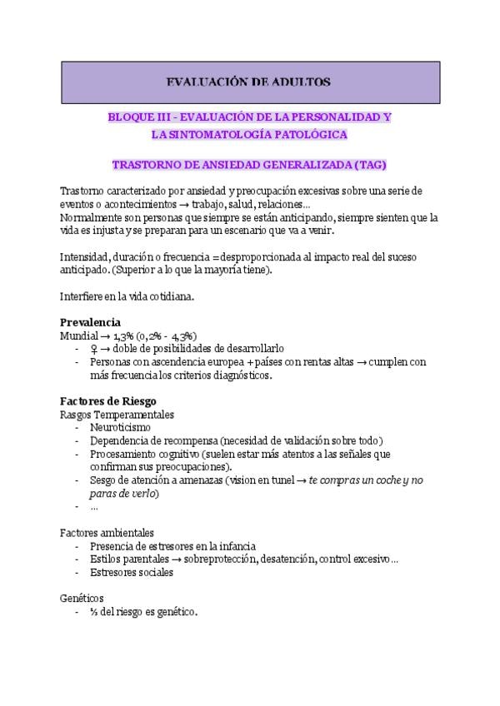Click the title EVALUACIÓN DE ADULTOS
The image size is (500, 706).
(x=249, y=82)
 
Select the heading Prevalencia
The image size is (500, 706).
(x=90, y=322)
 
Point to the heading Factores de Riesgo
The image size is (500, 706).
(x=108, y=400)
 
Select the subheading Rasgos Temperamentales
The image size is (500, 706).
(x=117, y=414)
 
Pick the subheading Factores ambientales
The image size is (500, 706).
(x=106, y=532)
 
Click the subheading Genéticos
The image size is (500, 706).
(x=82, y=598)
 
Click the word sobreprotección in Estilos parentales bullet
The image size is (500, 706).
(x=212, y=559)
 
